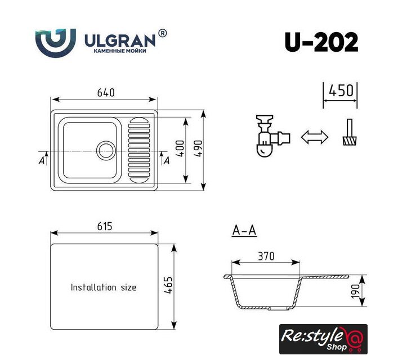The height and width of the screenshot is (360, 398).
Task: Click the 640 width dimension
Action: (106, 93)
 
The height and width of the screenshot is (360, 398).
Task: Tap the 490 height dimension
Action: (199, 148)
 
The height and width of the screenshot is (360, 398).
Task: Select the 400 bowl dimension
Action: (180, 148)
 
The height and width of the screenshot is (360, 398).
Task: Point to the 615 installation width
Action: (105, 226)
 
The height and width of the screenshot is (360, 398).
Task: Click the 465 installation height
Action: (168, 285)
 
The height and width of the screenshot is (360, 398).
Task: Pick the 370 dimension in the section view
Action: (266, 256)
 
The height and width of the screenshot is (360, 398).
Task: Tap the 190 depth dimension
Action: (356, 291)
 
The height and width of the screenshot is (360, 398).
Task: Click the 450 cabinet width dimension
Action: (341, 91)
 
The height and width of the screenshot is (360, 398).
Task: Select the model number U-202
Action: (321, 42)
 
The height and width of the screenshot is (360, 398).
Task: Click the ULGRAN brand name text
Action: (120, 40)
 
